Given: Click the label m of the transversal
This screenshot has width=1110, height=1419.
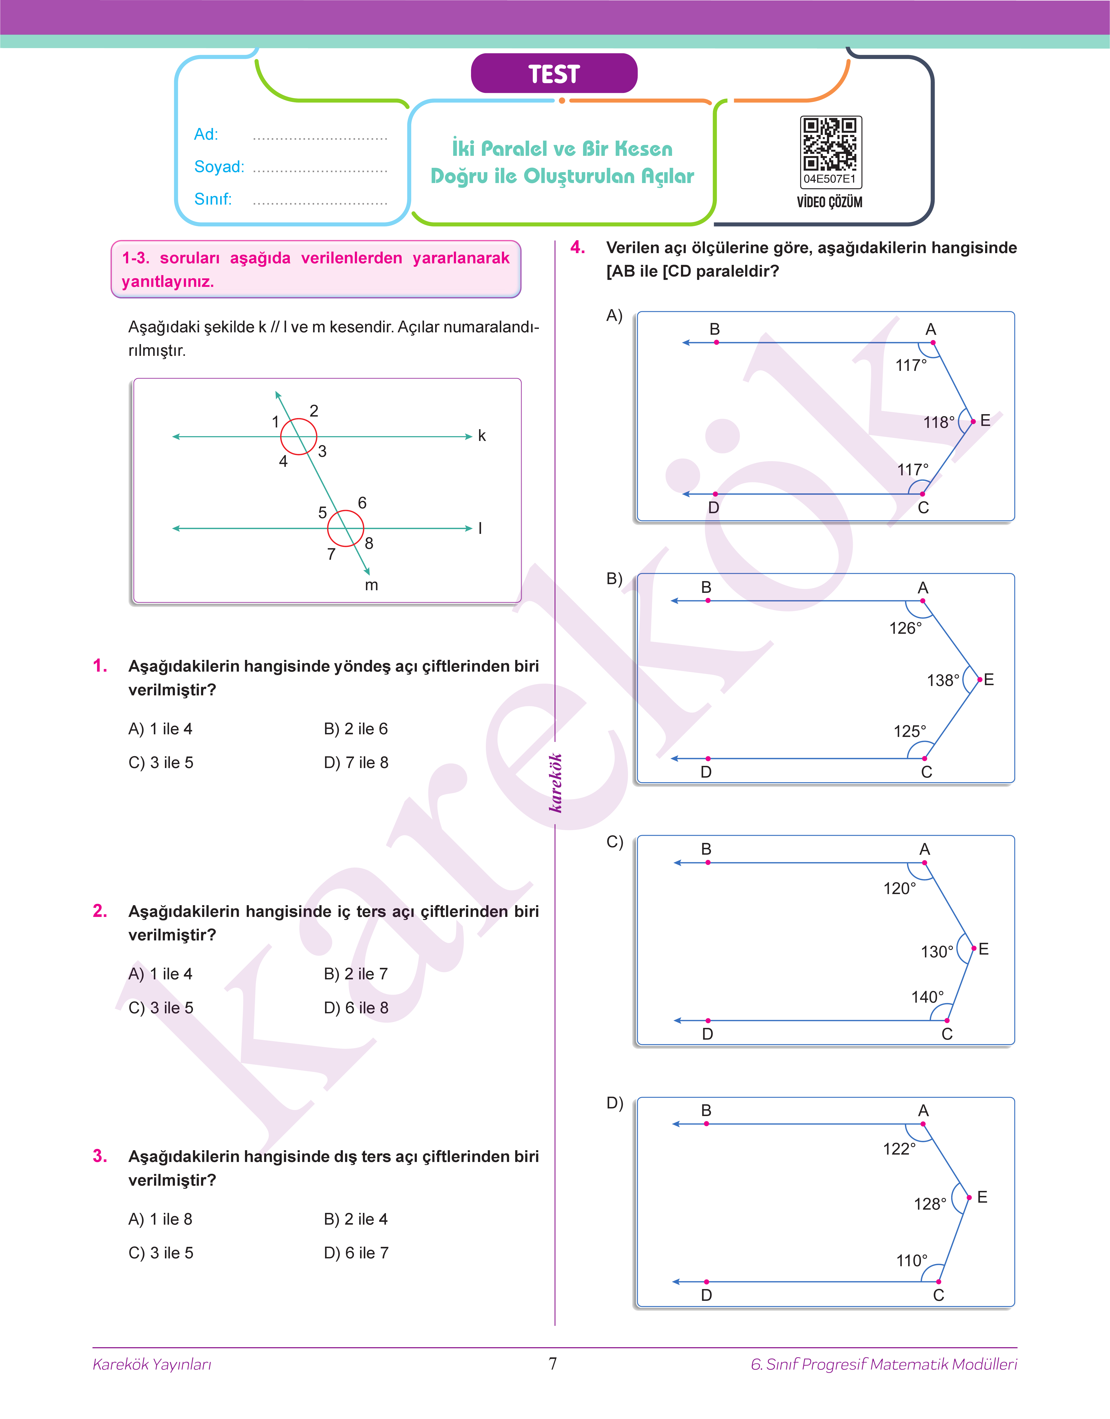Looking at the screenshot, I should [x=371, y=585].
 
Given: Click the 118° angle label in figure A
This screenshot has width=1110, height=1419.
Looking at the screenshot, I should [x=938, y=422].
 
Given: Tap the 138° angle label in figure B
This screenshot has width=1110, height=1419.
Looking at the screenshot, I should [x=942, y=681].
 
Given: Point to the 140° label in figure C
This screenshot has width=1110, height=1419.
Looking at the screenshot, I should [x=927, y=997].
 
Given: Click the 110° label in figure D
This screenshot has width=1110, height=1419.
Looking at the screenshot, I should [x=912, y=1261].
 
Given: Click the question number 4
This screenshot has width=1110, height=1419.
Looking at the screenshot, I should [x=577, y=248].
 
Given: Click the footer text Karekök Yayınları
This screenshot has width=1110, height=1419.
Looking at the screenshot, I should [x=152, y=1364].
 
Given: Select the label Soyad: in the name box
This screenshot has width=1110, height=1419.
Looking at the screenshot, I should [x=219, y=167].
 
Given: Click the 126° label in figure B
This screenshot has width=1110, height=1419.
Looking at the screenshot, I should [x=905, y=629].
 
